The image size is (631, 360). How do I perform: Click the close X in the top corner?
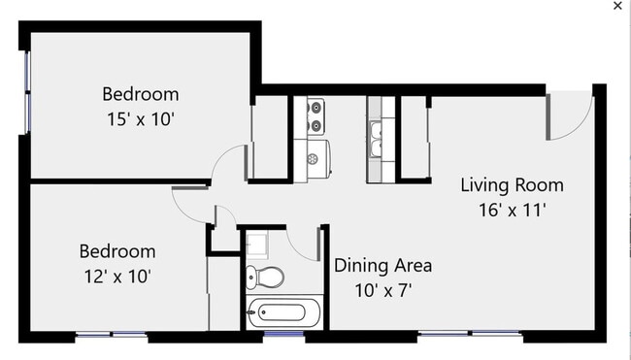[x=617, y=6]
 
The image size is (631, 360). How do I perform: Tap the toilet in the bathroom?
[x=263, y=277]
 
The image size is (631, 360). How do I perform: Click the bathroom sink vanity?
[x=259, y=242]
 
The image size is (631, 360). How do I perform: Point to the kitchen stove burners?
[x=316, y=116]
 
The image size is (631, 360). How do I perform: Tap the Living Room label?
[x=512, y=184]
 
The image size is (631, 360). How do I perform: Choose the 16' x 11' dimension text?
[x=512, y=209]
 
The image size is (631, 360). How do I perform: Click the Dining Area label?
[x=383, y=265]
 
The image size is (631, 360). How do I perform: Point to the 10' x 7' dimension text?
[x=383, y=289]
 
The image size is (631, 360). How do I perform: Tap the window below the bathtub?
[x=282, y=337]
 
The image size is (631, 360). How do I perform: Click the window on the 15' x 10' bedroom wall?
[x=26, y=87]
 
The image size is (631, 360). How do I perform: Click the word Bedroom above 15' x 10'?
[x=141, y=94]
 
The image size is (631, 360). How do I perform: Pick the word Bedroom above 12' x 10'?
[x=116, y=250]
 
